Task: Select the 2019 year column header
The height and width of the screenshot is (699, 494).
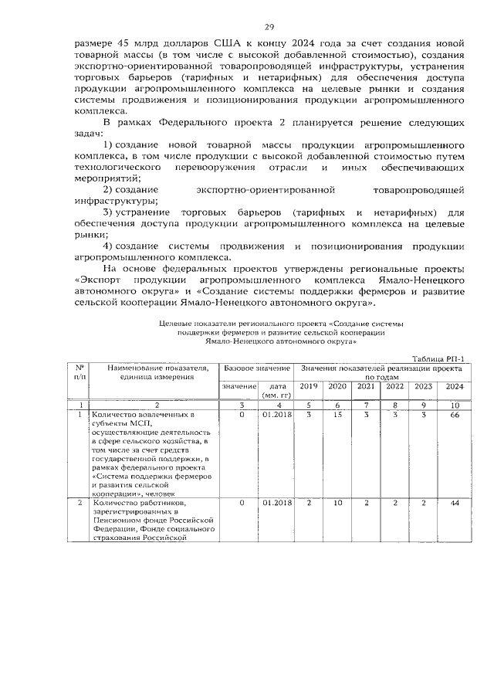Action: point(308,386)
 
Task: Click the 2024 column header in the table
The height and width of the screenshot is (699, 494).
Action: point(455,386)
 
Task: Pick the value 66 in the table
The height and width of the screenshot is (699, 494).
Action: point(455,416)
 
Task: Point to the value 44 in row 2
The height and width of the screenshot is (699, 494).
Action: point(455,504)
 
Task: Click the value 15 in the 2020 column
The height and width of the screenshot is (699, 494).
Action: point(337,416)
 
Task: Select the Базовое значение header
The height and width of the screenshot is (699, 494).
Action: point(257,369)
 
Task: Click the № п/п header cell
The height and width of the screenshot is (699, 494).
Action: point(79,372)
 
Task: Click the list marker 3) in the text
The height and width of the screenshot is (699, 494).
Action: point(109,212)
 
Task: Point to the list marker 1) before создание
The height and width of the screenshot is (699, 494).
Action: point(109,145)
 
